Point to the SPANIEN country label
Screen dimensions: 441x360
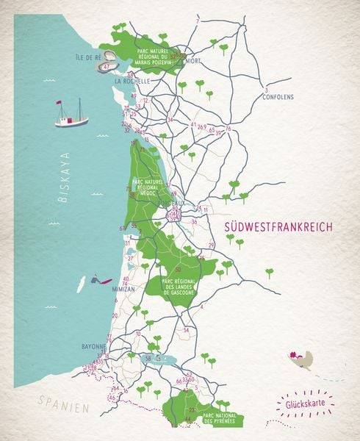click(x=65, y=406)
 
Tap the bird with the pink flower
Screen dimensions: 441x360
click(x=303, y=359)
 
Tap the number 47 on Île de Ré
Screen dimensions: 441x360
click(x=108, y=67)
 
